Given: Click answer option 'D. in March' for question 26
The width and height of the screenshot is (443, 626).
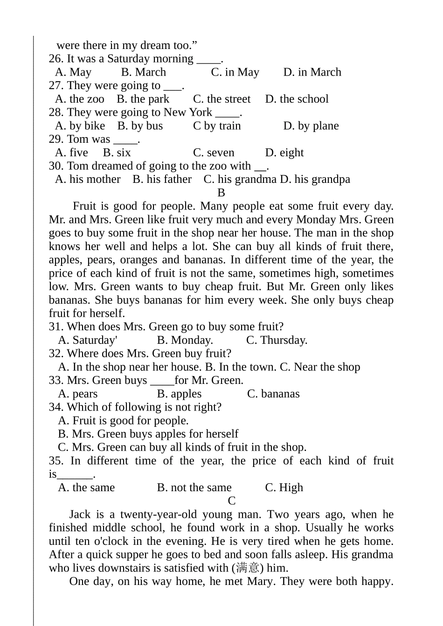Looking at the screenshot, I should [312, 72].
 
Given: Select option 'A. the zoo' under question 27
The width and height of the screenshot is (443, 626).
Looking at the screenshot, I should [79, 99].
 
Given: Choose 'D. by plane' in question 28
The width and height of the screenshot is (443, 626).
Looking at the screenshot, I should [311, 126].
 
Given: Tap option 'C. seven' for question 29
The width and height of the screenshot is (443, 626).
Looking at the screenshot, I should [214, 153].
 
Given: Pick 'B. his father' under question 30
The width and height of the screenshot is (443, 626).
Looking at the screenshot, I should [162, 180].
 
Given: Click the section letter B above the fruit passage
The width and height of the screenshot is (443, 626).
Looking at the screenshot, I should [221, 193].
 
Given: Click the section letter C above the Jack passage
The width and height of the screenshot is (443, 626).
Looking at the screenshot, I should [232, 501].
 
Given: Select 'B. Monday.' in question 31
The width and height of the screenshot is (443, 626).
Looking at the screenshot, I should [185, 341].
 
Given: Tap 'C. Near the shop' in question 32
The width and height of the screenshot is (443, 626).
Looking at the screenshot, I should [320, 367].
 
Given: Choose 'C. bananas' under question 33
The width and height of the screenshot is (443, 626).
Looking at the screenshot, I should [273, 394].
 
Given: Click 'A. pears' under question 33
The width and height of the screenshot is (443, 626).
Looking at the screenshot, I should [78, 394].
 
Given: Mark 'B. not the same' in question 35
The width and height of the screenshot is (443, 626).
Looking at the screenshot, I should [194, 488].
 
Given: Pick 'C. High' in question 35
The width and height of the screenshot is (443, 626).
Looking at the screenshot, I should [284, 488].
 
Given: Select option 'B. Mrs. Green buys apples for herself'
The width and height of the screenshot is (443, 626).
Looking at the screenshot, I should [148, 434].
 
